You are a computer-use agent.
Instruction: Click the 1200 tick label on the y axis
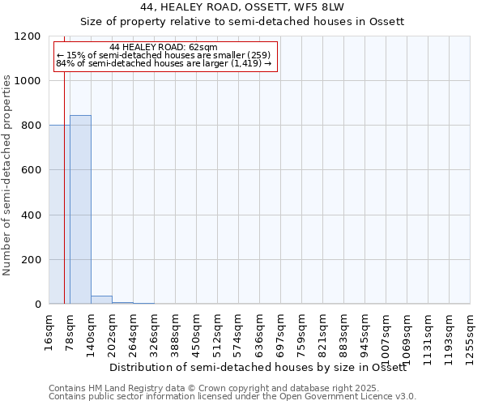click(28, 36)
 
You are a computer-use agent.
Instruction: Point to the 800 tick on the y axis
click(31, 126)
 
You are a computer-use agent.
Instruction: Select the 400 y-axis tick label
click(31, 215)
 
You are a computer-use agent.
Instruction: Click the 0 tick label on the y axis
click(38, 305)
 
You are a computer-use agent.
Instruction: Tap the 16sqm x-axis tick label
click(49, 330)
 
